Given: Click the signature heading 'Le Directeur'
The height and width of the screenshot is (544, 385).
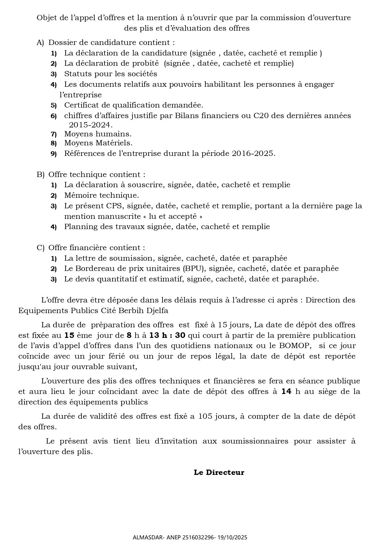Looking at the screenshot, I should pos(219,472).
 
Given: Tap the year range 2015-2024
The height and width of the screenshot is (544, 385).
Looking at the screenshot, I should pos(91,125).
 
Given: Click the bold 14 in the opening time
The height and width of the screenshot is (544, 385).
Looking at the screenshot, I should pos(286,391).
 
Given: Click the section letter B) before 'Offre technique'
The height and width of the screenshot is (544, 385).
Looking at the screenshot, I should pos(40,175).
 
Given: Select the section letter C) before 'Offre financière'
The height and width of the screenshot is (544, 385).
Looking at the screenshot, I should pos(40,248).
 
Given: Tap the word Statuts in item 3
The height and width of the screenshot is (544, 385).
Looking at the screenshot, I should pos(76,74).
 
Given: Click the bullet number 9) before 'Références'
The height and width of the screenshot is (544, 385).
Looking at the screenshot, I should pos(54,154).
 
